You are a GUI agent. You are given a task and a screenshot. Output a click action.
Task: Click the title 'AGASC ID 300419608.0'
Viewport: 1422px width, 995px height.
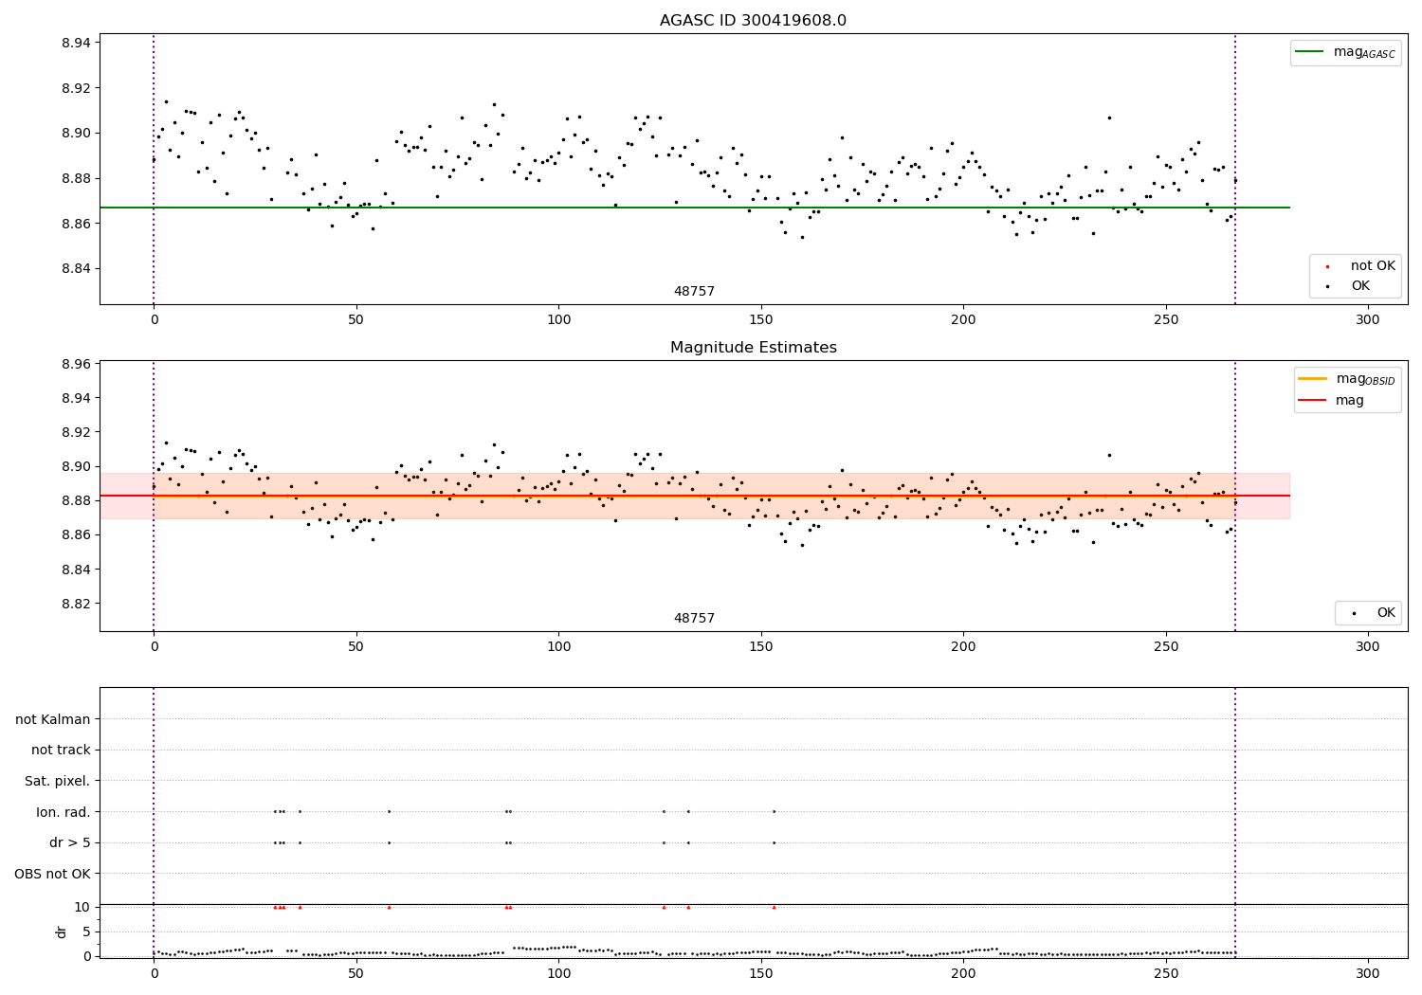pos(753,21)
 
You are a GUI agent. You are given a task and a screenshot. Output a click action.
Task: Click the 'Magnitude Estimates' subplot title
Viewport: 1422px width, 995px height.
pos(753,348)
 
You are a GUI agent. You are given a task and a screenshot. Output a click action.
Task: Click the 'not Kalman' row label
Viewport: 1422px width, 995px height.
pos(53,719)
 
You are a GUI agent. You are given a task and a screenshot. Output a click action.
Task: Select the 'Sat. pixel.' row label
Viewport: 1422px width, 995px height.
pos(57,781)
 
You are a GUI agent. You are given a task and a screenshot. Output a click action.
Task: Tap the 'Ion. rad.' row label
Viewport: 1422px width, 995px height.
pos(63,812)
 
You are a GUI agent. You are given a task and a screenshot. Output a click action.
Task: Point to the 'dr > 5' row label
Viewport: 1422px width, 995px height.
pos(69,842)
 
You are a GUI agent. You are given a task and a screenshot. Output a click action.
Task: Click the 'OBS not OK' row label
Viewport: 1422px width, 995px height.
pos(52,874)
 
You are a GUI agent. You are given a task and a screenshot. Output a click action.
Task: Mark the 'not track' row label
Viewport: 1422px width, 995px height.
pos(61,750)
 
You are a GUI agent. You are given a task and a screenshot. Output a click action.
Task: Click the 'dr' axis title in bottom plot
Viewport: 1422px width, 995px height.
pos(62,932)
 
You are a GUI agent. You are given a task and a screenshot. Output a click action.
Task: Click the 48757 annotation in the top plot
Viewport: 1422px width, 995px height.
pos(694,292)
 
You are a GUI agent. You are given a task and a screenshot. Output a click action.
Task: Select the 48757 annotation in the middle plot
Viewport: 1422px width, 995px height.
pos(694,619)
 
